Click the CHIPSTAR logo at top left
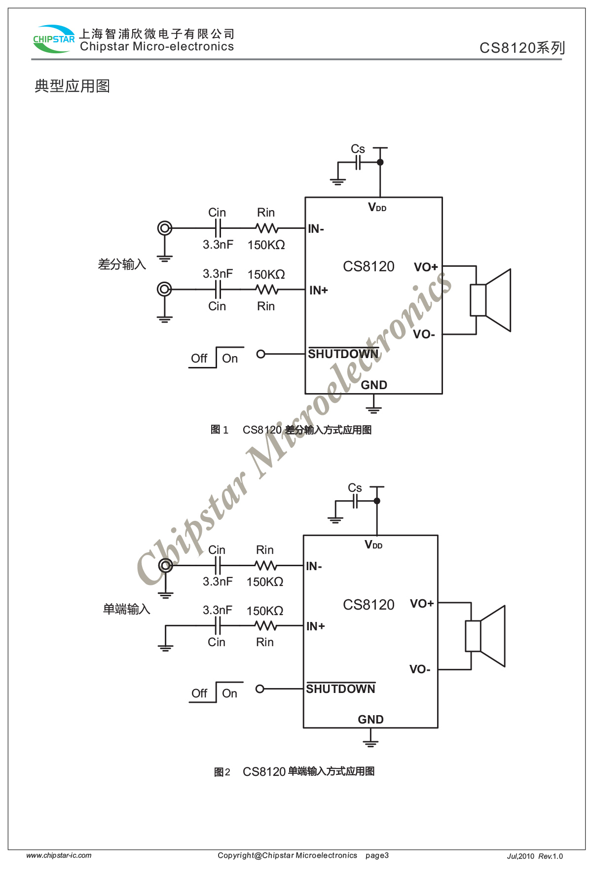pyautogui.click(x=53, y=39)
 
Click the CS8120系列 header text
pyautogui.click(x=522, y=48)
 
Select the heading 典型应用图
pyautogui.click(x=72, y=86)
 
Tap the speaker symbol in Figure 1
pyautogui.click(x=490, y=300)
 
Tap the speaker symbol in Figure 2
pyautogui.click(x=485, y=636)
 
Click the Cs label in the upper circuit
pyautogui.click(x=358, y=149)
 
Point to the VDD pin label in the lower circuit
pyautogui.click(x=373, y=545)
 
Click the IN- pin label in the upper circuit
pyautogui.click(x=316, y=229)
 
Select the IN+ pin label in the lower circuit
pyautogui.click(x=315, y=626)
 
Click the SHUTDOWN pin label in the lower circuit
pyautogui.click(x=340, y=689)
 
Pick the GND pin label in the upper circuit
pyautogui.click(x=374, y=385)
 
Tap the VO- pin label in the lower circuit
pyautogui.click(x=420, y=669)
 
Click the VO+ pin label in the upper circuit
pyautogui.click(x=426, y=267)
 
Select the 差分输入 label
pyautogui.click(x=122, y=265)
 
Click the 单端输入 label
pyautogui.click(x=126, y=610)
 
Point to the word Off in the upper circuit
pyautogui.click(x=199, y=359)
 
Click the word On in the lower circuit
pyautogui.click(x=229, y=693)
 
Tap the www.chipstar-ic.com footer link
pyautogui.click(x=59, y=855)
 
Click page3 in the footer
pyautogui.click(x=377, y=855)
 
